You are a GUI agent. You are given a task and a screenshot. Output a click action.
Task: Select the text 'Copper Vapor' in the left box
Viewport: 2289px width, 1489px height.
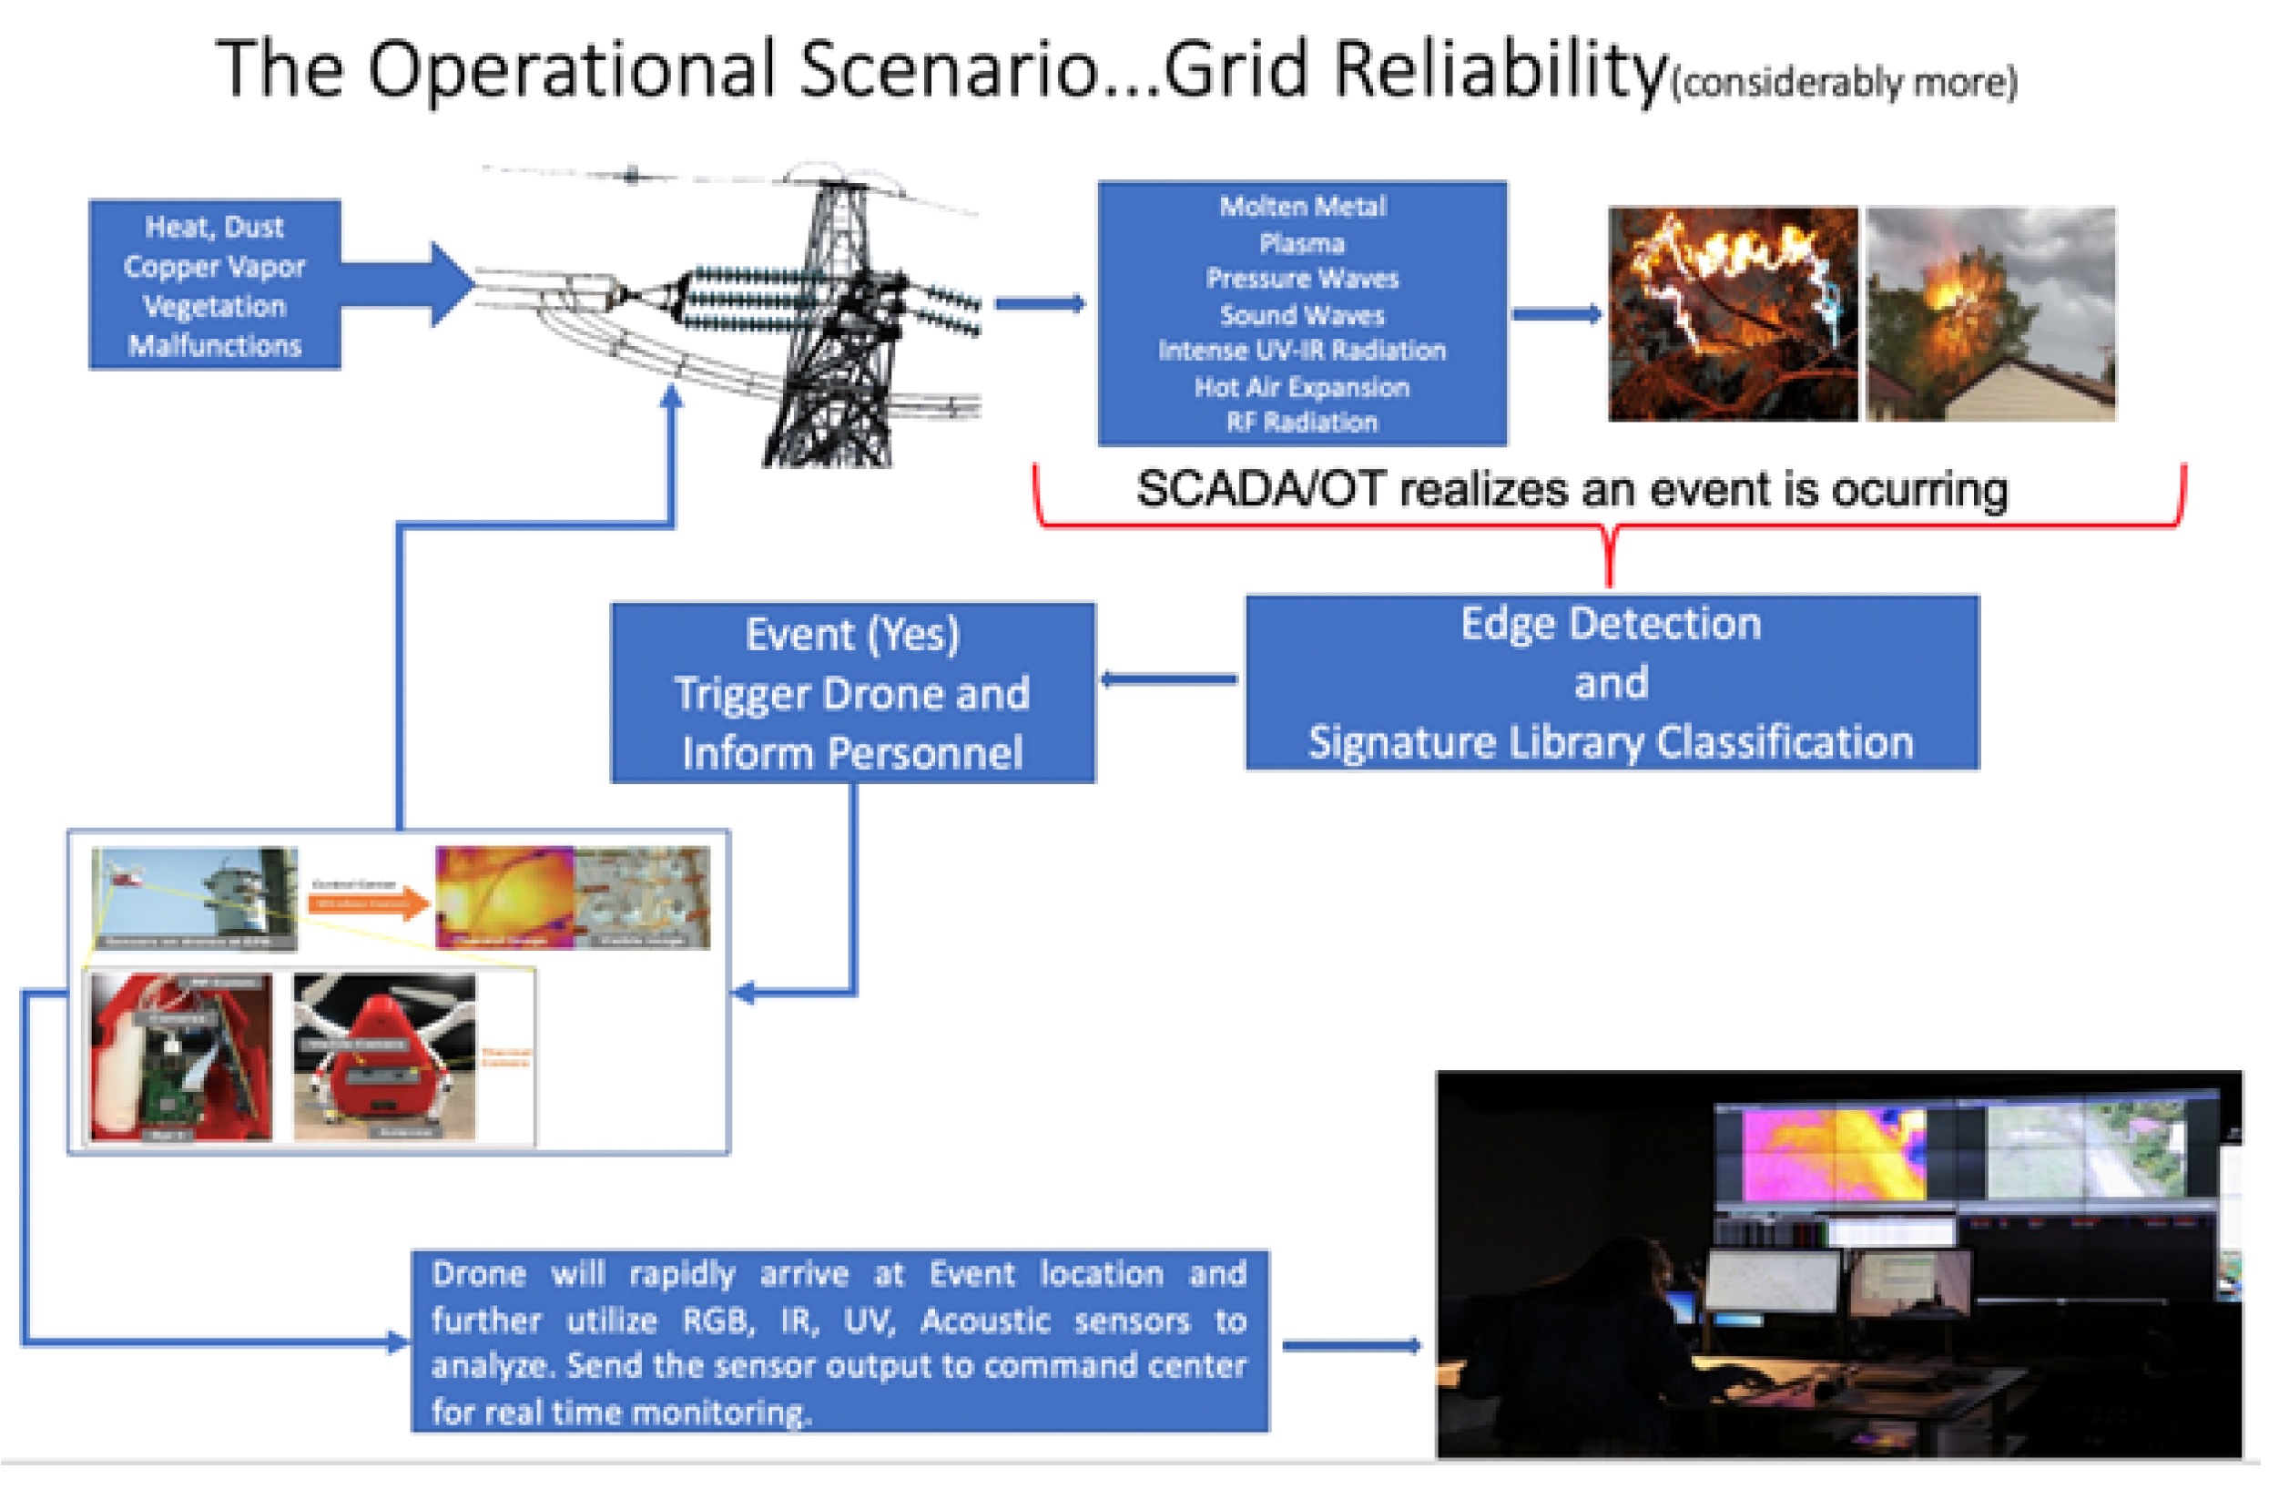pyautogui.click(x=215, y=267)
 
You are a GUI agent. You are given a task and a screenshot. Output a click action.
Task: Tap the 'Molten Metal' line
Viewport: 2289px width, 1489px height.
pyautogui.click(x=1302, y=206)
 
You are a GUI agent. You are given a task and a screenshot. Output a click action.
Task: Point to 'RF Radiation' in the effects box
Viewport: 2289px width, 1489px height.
pyautogui.click(x=1301, y=422)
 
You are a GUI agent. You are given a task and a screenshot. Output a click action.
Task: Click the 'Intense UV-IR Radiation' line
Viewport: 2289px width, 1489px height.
pyautogui.click(x=1301, y=350)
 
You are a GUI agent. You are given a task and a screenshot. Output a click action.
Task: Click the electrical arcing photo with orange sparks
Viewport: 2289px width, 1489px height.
pyautogui.click(x=1732, y=313)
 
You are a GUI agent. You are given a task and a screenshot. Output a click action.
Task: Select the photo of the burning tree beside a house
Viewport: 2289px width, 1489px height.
pyautogui.click(x=1989, y=313)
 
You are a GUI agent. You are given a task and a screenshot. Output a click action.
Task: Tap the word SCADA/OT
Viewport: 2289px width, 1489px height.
pyautogui.click(x=1260, y=490)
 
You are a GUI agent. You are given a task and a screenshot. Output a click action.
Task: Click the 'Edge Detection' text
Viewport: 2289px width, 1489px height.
pyautogui.click(x=1611, y=623)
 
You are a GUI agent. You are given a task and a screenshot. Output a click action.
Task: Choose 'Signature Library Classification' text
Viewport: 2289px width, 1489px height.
pyautogui.click(x=1611, y=742)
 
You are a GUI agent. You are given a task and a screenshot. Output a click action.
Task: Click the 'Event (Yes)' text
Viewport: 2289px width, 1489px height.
pyautogui.click(x=852, y=635)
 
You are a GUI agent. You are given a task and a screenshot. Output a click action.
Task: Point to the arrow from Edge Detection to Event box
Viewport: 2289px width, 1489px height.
pyautogui.click(x=1168, y=679)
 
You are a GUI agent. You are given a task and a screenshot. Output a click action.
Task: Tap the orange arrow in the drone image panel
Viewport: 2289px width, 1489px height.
pyautogui.click(x=369, y=903)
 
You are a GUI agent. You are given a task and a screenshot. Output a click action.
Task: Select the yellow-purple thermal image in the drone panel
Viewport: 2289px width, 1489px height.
pyautogui.click(x=505, y=897)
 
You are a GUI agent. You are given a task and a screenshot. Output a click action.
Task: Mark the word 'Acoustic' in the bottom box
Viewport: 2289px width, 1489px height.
pyautogui.click(x=985, y=1321)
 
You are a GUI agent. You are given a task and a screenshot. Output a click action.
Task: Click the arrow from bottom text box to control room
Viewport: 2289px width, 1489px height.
pyautogui.click(x=1351, y=1345)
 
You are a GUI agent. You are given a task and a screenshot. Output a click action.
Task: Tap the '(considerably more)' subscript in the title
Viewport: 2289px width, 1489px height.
pyautogui.click(x=1844, y=83)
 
